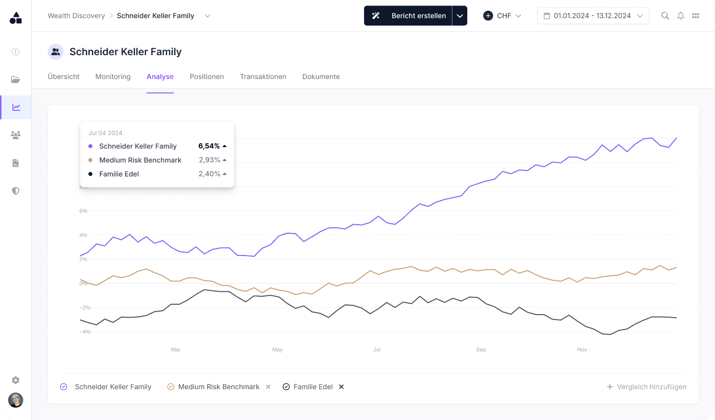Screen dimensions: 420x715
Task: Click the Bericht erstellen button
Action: pyautogui.click(x=408, y=16)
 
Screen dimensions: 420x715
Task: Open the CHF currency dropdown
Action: pyautogui.click(x=502, y=16)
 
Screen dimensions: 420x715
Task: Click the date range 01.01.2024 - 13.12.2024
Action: pyautogui.click(x=593, y=16)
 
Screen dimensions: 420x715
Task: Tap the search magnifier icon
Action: pyautogui.click(x=665, y=16)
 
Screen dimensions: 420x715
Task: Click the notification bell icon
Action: pyautogui.click(x=681, y=16)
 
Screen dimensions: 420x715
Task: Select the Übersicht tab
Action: pyautogui.click(x=64, y=77)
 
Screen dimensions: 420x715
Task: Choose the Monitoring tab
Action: pyautogui.click(x=113, y=77)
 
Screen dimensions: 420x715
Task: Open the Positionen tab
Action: pyautogui.click(x=207, y=77)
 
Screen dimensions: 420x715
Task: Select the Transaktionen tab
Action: pyautogui.click(x=263, y=77)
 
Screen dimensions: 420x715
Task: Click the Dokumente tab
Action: pyautogui.click(x=321, y=77)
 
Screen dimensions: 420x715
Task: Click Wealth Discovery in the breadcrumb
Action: pyautogui.click(x=76, y=16)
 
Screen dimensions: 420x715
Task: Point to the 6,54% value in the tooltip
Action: pyautogui.click(x=209, y=146)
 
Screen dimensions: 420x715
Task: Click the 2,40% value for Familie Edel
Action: pyautogui.click(x=209, y=174)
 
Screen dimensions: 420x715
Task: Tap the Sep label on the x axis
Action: pyautogui.click(x=481, y=350)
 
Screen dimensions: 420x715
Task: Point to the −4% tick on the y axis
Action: pyautogui.click(x=85, y=332)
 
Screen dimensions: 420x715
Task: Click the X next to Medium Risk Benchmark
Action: pyautogui.click(x=268, y=387)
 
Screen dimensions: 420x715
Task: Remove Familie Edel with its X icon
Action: pyautogui.click(x=341, y=387)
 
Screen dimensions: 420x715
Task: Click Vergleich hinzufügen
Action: pyautogui.click(x=646, y=387)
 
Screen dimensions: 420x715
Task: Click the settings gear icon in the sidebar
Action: pyautogui.click(x=16, y=380)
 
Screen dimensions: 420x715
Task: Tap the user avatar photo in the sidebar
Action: pyautogui.click(x=16, y=400)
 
